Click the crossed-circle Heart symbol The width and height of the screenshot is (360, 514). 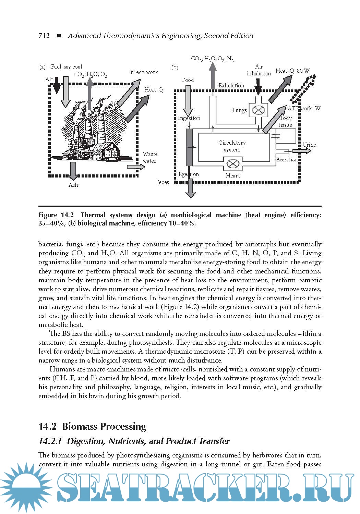pyautogui.click(x=233, y=163)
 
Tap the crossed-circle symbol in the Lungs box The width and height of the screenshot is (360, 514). pyautogui.click(x=258, y=110)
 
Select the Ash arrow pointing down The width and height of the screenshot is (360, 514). pyautogui.click(x=73, y=171)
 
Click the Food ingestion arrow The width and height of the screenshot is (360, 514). pyautogui.click(x=188, y=99)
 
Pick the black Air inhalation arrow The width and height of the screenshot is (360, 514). pyautogui.click(x=258, y=86)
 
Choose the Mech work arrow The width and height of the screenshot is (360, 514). pyautogui.click(x=129, y=93)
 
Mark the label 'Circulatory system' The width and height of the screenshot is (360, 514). pyautogui.click(x=232, y=146)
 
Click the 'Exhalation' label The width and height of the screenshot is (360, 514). pyautogui.click(x=231, y=85)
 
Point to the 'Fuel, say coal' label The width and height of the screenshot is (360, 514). pyautogui.click(x=67, y=67)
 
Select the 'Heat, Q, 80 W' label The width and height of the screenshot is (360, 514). pyautogui.click(x=292, y=71)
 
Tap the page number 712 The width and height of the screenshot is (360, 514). pyautogui.click(x=44, y=36)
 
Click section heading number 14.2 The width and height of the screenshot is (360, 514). pyautogui.click(x=48, y=427)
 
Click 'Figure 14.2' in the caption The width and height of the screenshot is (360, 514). pyautogui.click(x=56, y=215)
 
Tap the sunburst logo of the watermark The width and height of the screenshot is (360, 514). pyautogui.click(x=26, y=487)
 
